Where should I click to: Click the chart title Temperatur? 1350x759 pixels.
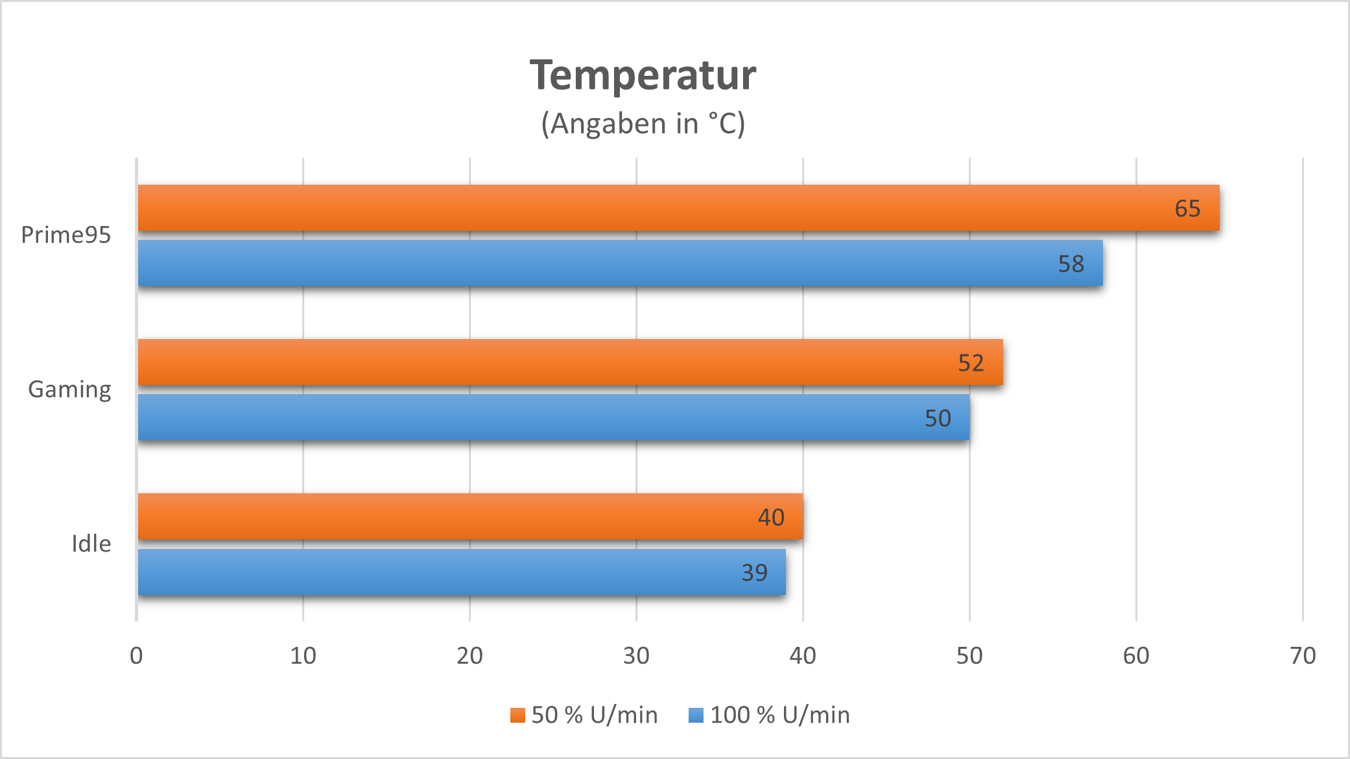click(643, 76)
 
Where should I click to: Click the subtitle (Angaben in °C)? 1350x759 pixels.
click(643, 123)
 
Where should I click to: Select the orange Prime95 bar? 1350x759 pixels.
click(648, 208)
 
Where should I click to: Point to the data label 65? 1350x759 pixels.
click(1187, 209)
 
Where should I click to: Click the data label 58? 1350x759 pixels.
click(1071, 264)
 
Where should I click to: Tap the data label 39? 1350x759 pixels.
click(754, 573)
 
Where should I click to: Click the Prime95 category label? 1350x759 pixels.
click(66, 235)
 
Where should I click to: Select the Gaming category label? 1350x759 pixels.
click(69, 390)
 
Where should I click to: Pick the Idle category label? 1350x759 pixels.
click(91, 544)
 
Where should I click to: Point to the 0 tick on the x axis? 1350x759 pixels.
click(136, 656)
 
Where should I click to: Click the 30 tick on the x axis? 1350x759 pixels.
click(636, 656)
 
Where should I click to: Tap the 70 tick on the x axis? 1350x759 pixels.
click(1303, 656)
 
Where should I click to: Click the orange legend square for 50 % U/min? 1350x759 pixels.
click(517, 715)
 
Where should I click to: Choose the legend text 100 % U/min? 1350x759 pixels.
click(779, 715)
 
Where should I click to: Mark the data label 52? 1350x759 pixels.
click(971, 363)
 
